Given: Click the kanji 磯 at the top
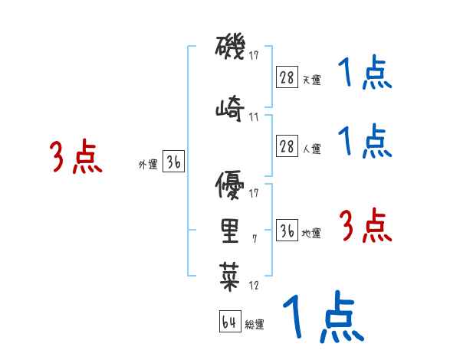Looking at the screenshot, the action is [x=230, y=47].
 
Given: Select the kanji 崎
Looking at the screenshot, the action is [x=230, y=108].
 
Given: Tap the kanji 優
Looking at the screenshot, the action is [x=230, y=185].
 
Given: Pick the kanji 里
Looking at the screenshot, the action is [x=230, y=231].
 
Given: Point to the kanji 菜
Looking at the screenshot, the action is [x=230, y=277].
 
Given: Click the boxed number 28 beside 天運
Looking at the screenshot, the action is [x=287, y=77].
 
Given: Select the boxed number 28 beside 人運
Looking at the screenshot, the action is [x=287, y=146].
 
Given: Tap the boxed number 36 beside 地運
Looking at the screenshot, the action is [x=287, y=230].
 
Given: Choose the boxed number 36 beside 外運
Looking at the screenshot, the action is [x=174, y=162].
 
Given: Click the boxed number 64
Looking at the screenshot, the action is [x=230, y=321].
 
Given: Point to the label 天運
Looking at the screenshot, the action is [x=311, y=80].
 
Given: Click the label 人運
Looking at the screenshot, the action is [x=311, y=149].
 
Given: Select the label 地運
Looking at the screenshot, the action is [x=311, y=233].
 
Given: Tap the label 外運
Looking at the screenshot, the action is [x=148, y=165].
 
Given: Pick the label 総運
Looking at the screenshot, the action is [x=255, y=325].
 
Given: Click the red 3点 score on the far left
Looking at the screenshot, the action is [x=76, y=156].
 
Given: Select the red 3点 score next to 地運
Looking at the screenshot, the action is [x=365, y=225].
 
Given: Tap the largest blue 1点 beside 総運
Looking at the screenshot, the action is [x=324, y=316].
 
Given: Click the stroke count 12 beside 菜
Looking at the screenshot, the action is [x=254, y=285].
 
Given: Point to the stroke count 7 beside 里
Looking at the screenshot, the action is [x=255, y=239].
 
